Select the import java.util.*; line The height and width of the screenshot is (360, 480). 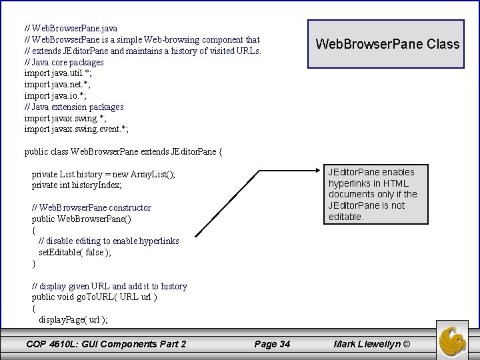click(58, 73)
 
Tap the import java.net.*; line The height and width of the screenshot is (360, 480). click(57, 85)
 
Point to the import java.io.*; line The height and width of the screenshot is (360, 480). click(55, 96)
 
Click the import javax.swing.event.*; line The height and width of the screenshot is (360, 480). click(77, 129)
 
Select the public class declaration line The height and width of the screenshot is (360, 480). click(123, 152)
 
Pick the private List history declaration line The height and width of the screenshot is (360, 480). click(103, 175)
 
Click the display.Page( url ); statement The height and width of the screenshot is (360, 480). click(73, 319)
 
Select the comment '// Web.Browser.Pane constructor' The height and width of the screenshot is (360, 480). click(91, 208)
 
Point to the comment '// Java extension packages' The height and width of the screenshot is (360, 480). click(74, 107)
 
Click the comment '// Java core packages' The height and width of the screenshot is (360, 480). click(64, 62)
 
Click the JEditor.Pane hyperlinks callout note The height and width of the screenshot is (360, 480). click(373, 194)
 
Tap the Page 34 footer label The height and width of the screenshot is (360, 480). click(272, 344)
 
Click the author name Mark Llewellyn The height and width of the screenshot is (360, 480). click(373, 344)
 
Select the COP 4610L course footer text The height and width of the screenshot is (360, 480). click(106, 344)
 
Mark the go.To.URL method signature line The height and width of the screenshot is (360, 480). click(95, 297)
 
